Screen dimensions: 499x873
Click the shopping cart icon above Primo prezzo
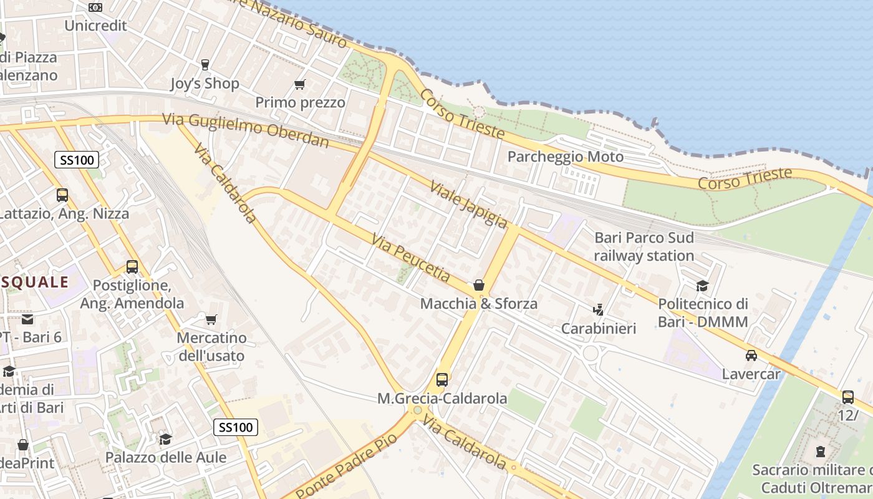(300, 84)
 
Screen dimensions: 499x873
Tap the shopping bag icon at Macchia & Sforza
(478, 285)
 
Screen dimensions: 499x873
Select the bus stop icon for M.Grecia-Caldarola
(441, 379)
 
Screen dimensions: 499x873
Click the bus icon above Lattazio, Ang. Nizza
(62, 195)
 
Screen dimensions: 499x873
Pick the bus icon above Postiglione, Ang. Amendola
(132, 267)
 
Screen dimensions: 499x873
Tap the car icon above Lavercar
(751, 356)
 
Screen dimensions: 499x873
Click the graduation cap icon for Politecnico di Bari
(702, 286)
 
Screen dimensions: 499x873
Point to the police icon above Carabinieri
(598, 309)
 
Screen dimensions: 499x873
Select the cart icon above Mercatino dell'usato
(211, 320)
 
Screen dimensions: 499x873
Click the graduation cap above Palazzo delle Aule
(165, 439)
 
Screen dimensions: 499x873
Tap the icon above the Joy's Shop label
(204, 64)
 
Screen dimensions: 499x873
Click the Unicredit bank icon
(95, 7)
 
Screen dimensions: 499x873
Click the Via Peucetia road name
(410, 257)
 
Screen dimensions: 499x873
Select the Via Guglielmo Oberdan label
(246, 130)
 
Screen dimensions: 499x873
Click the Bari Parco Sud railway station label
(644, 246)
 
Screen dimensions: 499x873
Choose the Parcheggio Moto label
(565, 157)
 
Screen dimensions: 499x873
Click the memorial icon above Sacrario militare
(820, 451)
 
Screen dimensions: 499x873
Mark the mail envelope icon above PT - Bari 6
(27, 319)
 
